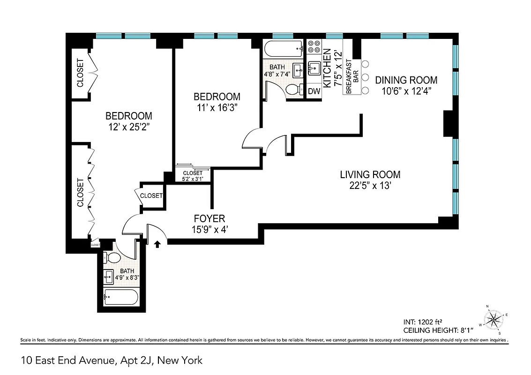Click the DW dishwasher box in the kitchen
pyautogui.click(x=314, y=91)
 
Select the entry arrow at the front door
pyautogui.click(x=157, y=243)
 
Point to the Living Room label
pyautogui.click(x=370, y=175)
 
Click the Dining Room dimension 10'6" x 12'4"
pyautogui.click(x=406, y=91)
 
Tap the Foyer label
pyautogui.click(x=209, y=218)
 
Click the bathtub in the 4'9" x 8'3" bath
pyautogui.click(x=120, y=297)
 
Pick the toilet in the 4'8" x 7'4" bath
pyautogui.click(x=293, y=90)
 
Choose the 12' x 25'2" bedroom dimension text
pyautogui.click(x=129, y=127)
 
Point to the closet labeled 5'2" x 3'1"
pyautogui.click(x=193, y=176)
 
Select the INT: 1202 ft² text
pyautogui.click(x=423, y=322)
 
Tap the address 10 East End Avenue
pyautogui.click(x=112, y=360)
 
